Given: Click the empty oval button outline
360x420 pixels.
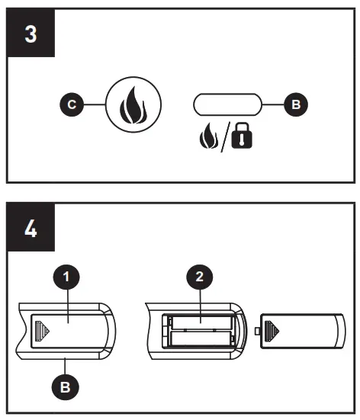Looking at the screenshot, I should [226, 103].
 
